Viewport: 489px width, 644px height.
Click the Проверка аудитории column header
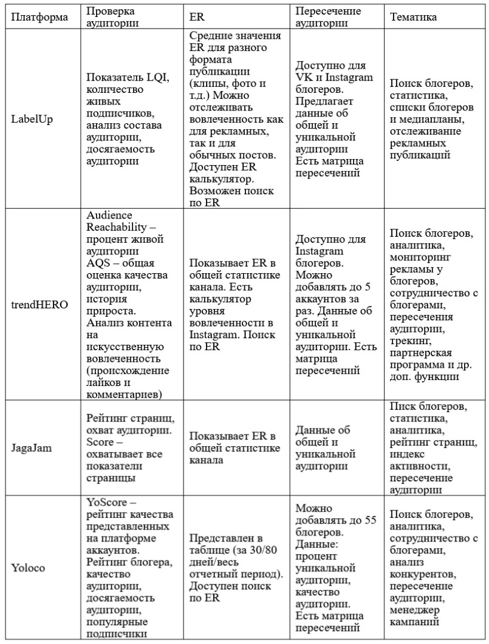(x=111, y=17)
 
